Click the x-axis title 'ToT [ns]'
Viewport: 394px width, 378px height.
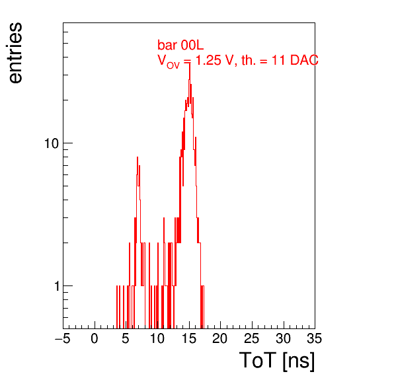(277, 361)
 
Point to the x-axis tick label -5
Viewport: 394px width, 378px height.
(63, 338)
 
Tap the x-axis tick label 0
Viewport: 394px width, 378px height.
(95, 338)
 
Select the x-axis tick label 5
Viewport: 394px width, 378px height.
(126, 338)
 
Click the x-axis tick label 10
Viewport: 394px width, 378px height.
(157, 338)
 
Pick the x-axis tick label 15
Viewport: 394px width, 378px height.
(189, 338)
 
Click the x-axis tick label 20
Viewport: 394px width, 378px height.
(220, 338)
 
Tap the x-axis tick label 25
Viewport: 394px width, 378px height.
(251, 338)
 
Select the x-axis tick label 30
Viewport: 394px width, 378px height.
(284, 338)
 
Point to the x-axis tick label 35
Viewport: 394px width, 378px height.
(315, 338)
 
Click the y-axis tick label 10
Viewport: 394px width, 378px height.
(52, 143)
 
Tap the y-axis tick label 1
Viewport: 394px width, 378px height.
(57, 286)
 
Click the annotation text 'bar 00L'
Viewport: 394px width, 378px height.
(180, 45)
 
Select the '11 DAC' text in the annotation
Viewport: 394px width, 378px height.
(295, 60)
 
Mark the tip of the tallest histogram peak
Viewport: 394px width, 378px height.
(190, 63)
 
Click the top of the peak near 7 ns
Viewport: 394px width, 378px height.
(138, 157)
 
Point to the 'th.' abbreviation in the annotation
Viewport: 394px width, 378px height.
(249, 60)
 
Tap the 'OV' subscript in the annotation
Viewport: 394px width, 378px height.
(173, 65)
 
